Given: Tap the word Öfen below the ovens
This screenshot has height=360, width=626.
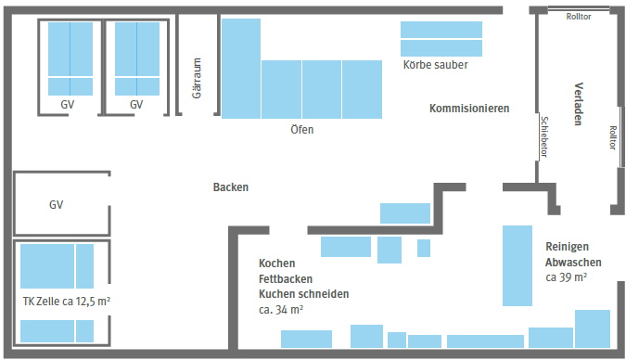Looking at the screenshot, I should pyautogui.click(x=302, y=130).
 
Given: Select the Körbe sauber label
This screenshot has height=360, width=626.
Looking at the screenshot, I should pyautogui.click(x=435, y=66).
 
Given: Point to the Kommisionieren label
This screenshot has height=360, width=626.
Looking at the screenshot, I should pyautogui.click(x=469, y=109).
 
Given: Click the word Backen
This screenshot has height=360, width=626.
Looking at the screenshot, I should pyautogui.click(x=231, y=186).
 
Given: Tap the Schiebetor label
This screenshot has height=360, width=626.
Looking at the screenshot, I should pyautogui.click(x=543, y=137).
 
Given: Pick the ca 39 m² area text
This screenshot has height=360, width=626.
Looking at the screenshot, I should pyautogui.click(x=566, y=276).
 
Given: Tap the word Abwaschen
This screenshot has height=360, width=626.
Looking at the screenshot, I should pyautogui.click(x=569, y=262).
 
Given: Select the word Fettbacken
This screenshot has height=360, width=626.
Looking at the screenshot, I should pyautogui.click(x=286, y=278).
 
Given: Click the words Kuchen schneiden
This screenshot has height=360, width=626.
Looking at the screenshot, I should pyautogui.click(x=304, y=294).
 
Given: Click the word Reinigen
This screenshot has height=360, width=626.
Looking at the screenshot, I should pyautogui.click(x=567, y=246).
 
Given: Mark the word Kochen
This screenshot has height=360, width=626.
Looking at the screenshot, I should pyautogui.click(x=277, y=263).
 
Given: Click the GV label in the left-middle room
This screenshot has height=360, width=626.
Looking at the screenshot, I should pyautogui.click(x=56, y=204).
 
